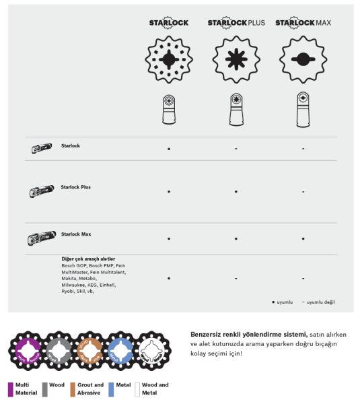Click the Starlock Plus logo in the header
click(236, 22)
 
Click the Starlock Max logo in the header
click(303, 22)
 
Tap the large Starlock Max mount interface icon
click(303, 59)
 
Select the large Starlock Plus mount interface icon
click(236, 59)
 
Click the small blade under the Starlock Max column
click(303, 108)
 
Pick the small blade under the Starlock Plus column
click(236, 108)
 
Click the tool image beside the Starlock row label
click(41, 149)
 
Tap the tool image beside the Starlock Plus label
click(41, 192)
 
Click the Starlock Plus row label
click(75, 187)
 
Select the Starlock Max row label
click(75, 234)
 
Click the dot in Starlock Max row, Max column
click(303, 238)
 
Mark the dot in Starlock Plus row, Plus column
click(236, 192)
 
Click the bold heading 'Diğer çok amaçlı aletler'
click(87, 259)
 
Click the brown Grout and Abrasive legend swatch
click(73, 389)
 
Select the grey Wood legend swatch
click(44, 389)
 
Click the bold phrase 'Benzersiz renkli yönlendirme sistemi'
click(249, 333)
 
